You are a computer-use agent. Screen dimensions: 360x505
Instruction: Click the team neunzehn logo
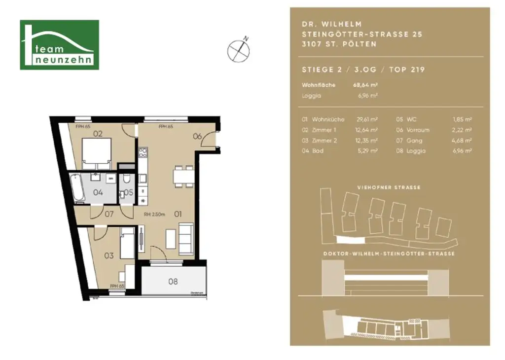tap(59, 45)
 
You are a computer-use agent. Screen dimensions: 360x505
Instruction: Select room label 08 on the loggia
tap(173, 282)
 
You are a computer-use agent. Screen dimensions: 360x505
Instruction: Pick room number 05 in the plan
tap(128, 192)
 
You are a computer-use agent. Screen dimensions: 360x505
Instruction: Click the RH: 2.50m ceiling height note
tap(154, 215)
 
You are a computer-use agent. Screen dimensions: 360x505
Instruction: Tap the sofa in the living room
tap(186, 238)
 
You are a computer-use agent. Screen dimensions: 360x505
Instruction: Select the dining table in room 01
tap(183, 177)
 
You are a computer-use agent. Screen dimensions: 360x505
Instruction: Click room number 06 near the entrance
tap(197, 137)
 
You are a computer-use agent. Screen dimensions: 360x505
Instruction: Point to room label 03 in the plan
tap(109, 255)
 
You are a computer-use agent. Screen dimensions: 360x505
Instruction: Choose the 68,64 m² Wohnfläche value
tap(365, 85)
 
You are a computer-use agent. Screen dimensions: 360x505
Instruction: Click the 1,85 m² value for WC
tap(462, 119)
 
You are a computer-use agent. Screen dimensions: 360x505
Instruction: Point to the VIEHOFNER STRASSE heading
tap(389, 187)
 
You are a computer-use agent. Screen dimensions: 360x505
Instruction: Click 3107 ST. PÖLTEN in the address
tap(339, 44)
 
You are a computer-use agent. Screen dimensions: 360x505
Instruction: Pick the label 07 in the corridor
tap(109, 214)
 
